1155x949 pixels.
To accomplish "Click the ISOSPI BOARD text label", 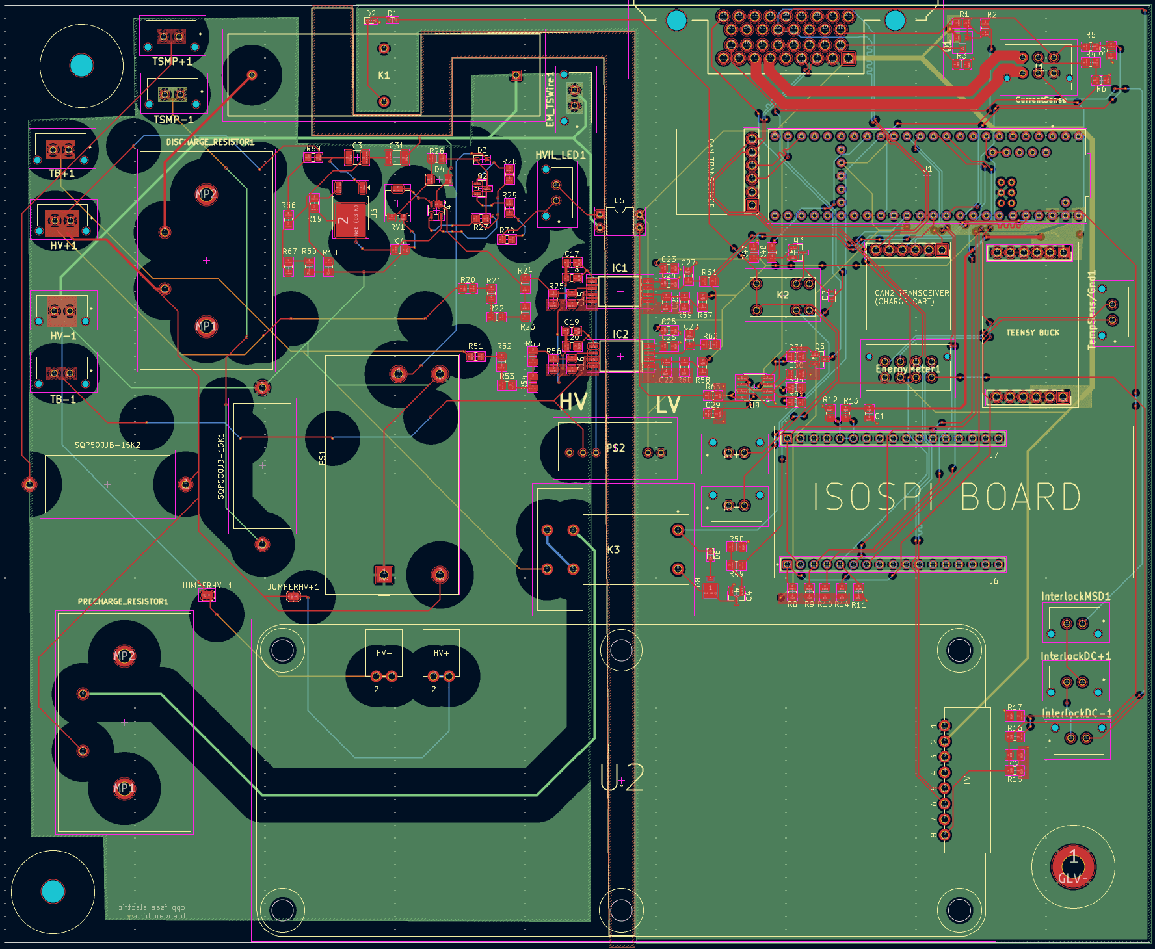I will [947, 497].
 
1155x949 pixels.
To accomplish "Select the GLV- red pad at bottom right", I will [1073, 866].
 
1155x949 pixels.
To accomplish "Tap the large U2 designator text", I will [622, 777].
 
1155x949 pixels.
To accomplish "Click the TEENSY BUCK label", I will [1033, 333].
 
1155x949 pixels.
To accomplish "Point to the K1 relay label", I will [384, 75].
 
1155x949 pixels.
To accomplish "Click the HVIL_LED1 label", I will [560, 155].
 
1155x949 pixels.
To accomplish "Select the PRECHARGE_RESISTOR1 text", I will [123, 602].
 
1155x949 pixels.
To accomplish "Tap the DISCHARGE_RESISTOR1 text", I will [210, 142].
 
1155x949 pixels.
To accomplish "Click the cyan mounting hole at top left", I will [81, 65].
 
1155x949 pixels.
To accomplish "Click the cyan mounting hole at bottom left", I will [53, 891].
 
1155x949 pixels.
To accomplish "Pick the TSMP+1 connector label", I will [172, 61].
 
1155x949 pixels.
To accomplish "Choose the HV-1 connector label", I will [63, 336].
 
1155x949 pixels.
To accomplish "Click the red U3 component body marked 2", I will [350, 220].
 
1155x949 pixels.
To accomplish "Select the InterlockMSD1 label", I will [1076, 596].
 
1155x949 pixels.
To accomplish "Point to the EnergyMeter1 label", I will [908, 369].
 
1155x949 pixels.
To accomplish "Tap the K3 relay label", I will [613, 550].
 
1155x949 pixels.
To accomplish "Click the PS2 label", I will [615, 448].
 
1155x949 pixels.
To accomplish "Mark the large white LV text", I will [668, 406].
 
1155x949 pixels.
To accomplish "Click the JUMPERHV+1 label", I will [293, 587].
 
